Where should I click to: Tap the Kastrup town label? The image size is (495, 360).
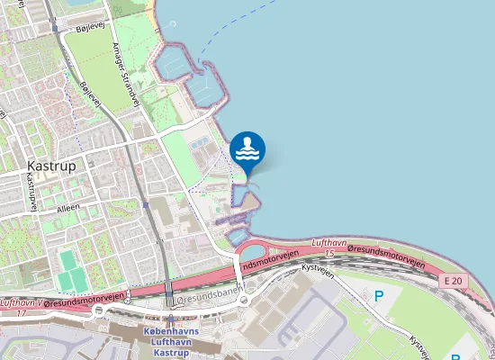[x=51, y=166]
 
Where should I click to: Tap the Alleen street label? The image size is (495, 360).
[x=67, y=208]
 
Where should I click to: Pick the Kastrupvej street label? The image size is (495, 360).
[x=31, y=192]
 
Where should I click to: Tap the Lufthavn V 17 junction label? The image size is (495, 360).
[x=22, y=309]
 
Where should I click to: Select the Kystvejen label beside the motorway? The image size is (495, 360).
[x=318, y=269]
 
